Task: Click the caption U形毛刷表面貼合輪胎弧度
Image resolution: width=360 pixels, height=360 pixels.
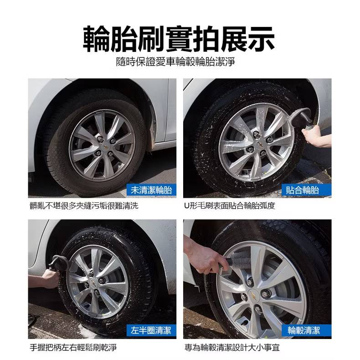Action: coord(230,206)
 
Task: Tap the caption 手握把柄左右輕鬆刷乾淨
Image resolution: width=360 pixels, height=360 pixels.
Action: coord(73,348)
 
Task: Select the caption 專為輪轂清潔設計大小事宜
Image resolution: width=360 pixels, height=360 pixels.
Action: coord(232,348)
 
